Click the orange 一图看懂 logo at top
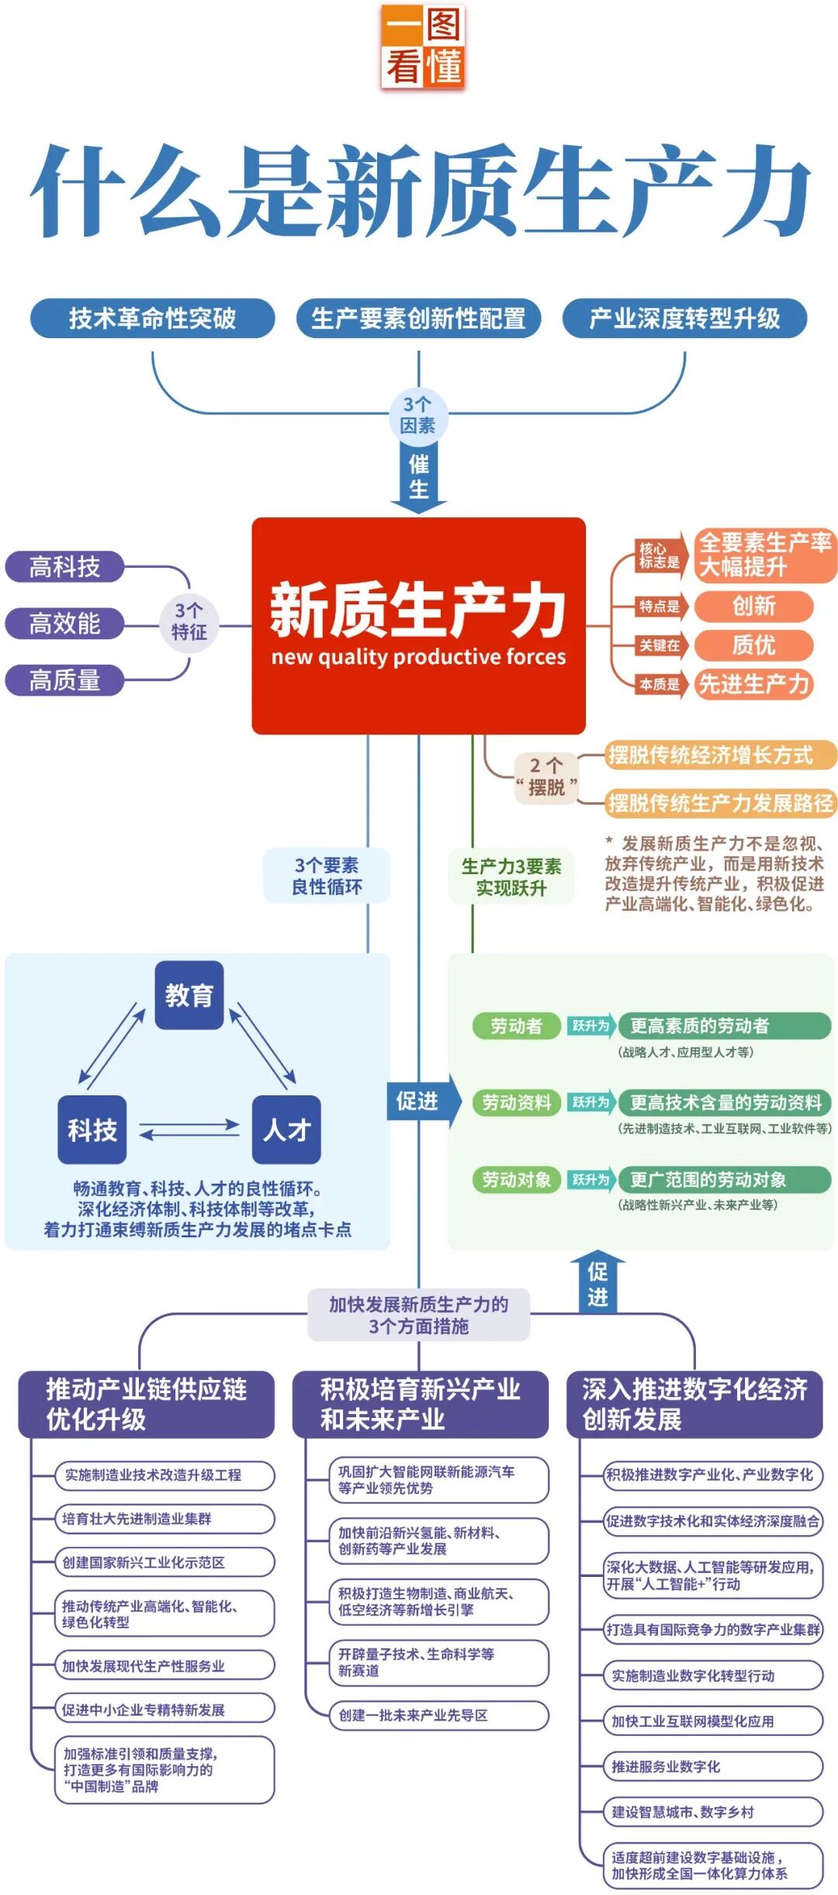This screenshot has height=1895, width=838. [x=424, y=47]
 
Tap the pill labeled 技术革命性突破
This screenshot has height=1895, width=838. [x=152, y=318]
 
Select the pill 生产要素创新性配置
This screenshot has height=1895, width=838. [x=418, y=318]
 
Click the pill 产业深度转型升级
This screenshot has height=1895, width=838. [x=684, y=318]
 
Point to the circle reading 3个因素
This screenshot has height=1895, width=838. [x=418, y=415]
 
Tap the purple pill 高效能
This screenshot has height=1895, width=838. [x=64, y=623]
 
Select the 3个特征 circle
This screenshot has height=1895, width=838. [x=189, y=622]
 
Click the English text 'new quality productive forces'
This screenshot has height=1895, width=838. [x=418, y=657]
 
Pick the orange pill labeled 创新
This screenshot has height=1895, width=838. [x=753, y=606]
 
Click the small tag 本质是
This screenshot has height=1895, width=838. [x=660, y=684]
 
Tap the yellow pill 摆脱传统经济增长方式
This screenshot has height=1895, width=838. [x=720, y=755]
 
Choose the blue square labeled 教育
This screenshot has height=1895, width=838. [x=189, y=995]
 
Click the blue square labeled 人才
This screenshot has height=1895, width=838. [x=286, y=1129]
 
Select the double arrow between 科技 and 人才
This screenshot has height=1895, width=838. [x=189, y=1129]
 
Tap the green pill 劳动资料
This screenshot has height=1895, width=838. [x=516, y=1102]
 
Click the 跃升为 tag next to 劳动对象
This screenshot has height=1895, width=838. [x=591, y=1180]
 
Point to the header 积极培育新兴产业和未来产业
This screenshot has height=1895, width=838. [x=420, y=1404]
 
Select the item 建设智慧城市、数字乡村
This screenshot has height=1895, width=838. [x=712, y=1812]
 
